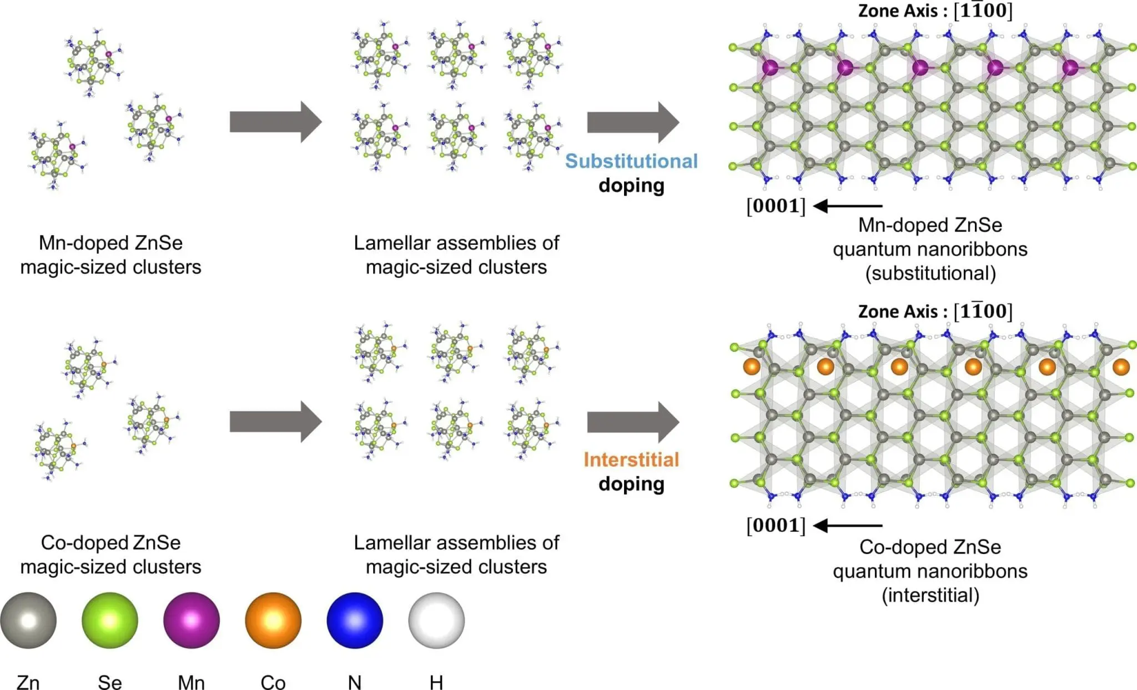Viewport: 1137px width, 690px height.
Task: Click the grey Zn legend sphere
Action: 28,620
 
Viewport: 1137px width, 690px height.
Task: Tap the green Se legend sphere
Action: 110,620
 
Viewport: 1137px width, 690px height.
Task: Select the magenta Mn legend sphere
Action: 192,620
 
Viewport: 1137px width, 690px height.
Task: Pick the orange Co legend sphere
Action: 273,620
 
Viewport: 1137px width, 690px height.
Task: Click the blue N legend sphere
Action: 355,620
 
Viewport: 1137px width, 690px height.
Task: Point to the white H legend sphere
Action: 436,620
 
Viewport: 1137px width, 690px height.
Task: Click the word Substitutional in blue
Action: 631,161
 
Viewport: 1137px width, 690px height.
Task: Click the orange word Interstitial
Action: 631,459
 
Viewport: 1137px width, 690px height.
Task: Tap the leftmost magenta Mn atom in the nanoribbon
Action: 770,68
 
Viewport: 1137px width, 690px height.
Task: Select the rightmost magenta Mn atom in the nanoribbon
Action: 1070,68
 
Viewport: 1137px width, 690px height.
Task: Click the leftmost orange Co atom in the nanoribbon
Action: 751,367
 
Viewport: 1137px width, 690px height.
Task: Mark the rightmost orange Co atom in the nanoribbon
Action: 1121,367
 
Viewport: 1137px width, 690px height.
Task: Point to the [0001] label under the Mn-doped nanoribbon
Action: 776,206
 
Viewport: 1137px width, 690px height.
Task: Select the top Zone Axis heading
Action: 935,11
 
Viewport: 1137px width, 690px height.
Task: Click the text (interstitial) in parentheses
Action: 930,595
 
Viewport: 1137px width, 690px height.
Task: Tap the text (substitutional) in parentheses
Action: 930,273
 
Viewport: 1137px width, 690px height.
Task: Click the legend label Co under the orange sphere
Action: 273,682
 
